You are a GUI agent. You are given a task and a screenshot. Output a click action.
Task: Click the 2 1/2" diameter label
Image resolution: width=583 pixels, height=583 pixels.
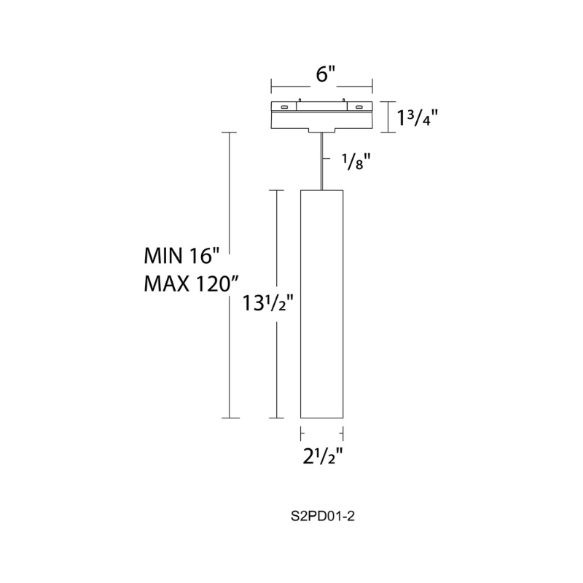[322, 457]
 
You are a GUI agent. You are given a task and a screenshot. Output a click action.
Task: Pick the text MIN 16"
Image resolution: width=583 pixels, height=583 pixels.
[181, 256]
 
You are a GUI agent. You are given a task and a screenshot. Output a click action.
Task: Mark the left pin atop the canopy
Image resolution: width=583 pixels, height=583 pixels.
[300, 101]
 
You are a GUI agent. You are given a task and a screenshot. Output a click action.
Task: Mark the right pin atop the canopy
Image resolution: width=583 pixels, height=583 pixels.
[343, 101]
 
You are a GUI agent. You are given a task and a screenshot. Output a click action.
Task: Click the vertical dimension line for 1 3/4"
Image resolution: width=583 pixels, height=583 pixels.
[387, 116]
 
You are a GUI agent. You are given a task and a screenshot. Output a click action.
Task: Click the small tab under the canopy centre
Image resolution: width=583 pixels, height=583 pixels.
[321, 132]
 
